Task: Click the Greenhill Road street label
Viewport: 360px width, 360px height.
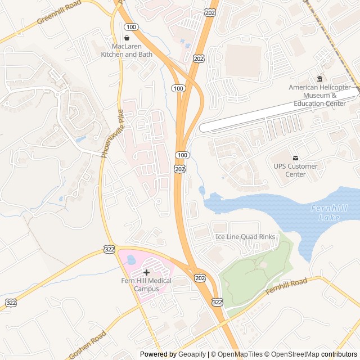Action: [x=59, y=12]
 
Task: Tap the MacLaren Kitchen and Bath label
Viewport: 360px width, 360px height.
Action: [x=126, y=50]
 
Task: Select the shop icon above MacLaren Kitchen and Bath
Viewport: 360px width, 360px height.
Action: [x=126, y=37]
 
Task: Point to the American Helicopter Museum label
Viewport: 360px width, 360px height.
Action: [x=319, y=95]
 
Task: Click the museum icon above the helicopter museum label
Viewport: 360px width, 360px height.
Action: [x=320, y=78]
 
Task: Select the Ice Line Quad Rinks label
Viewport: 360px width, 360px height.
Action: [x=246, y=237]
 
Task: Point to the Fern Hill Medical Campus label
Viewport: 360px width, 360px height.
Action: [x=146, y=285]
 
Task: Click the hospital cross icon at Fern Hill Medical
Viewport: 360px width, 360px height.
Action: [x=147, y=272]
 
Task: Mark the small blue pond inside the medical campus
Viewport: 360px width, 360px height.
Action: [x=131, y=260]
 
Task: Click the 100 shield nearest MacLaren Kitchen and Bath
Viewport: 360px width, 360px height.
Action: [x=131, y=27]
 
